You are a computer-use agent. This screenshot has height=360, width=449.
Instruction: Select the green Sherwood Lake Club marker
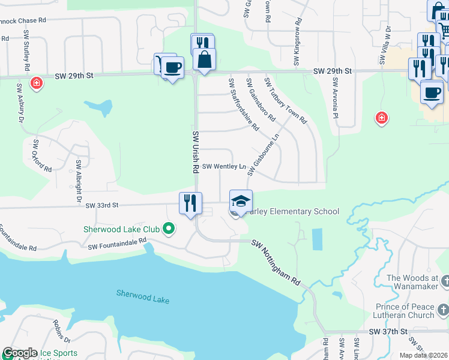pyautogui.click(x=169, y=228)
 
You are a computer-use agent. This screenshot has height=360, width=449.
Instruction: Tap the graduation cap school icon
pyautogui.click(x=241, y=200)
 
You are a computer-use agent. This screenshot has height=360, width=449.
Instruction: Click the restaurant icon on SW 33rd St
pyautogui.click(x=190, y=202)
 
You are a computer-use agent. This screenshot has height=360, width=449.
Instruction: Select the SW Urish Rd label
pyautogui.click(x=196, y=152)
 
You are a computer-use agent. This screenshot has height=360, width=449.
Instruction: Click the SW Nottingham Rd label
pyautogui.click(x=276, y=263)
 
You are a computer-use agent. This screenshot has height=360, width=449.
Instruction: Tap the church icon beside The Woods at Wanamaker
pyautogui.click(x=444, y=281)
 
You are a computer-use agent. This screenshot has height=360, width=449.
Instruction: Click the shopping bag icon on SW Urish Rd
pyautogui.click(x=204, y=59)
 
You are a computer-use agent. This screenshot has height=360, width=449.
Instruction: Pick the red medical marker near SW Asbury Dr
pyautogui.click(x=37, y=82)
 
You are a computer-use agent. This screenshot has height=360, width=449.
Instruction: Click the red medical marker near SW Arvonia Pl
pyautogui.click(x=381, y=118)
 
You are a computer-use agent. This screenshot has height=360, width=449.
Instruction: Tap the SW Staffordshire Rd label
pyautogui.click(x=243, y=105)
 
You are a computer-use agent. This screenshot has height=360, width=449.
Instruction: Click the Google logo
pyautogui.click(x=20, y=353)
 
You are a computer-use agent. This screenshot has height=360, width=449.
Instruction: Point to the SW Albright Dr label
pyautogui.click(x=79, y=181)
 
